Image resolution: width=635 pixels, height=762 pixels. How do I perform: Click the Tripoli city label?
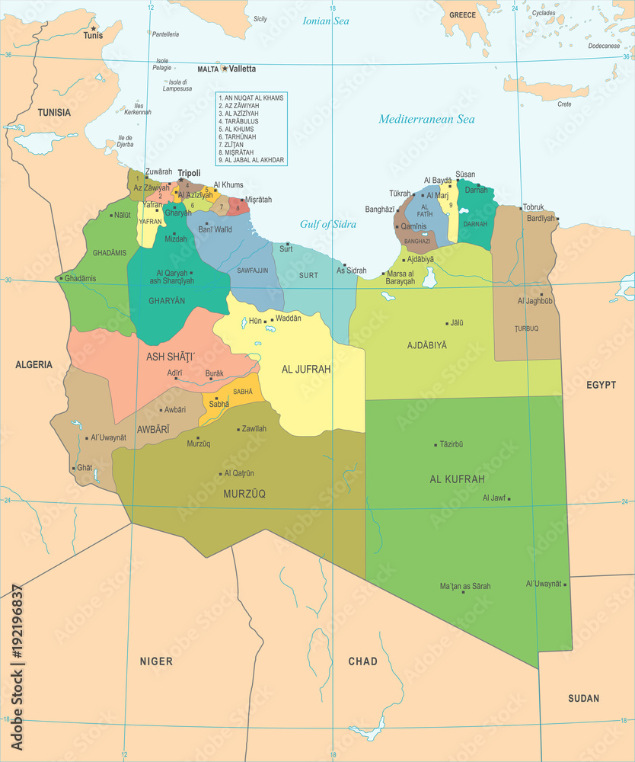click(189, 173)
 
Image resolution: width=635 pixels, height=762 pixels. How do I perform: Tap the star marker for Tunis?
click(94, 28)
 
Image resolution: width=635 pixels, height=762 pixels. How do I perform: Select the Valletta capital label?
click(243, 69)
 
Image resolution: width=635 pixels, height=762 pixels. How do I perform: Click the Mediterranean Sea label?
click(426, 119)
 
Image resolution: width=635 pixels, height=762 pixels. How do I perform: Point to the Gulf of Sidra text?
click(327, 224)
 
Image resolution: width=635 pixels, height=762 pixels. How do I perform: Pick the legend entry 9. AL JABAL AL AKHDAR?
click(251, 160)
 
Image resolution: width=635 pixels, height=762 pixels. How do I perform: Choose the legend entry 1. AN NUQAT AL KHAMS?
click(250, 98)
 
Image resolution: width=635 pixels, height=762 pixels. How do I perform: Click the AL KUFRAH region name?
click(457, 479)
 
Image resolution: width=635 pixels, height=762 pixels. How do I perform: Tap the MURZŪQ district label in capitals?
click(244, 494)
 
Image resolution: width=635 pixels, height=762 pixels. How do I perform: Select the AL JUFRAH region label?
click(306, 370)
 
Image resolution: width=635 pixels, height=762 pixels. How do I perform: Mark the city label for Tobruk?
click(533, 207)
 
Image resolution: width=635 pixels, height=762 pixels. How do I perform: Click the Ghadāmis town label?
click(80, 278)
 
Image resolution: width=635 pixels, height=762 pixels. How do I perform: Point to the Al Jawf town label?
click(493, 498)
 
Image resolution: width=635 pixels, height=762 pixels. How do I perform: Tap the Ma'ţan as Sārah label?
click(465, 586)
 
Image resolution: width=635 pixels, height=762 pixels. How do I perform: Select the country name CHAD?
click(362, 661)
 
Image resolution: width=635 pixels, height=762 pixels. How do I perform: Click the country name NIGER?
click(155, 661)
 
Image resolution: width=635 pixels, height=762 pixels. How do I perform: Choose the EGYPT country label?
click(601, 385)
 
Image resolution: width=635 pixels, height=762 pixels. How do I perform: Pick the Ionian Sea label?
click(326, 21)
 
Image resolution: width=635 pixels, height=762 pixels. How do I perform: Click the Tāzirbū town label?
click(452, 444)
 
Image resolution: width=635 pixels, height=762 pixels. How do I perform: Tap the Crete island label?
click(564, 104)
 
